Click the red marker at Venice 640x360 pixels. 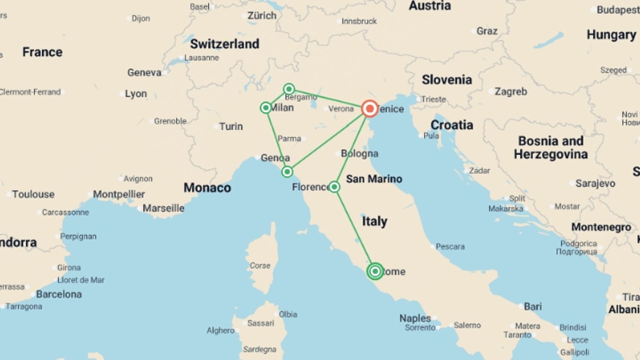[370, 109]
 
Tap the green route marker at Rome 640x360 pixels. [375, 271]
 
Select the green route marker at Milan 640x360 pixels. [266, 108]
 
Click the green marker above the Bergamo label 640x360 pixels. [289, 89]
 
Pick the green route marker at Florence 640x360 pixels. [334, 187]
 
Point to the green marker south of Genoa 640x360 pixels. [287, 172]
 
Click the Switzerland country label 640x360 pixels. [225, 44]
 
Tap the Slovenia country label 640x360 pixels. [447, 80]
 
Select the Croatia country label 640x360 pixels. [452, 125]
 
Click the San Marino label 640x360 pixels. [374, 179]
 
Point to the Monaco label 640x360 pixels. [207, 188]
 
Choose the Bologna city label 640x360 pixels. [359, 154]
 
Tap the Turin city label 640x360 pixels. [231, 127]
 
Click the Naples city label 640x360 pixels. [415, 318]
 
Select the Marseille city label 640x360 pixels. [163, 208]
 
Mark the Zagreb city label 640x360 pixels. [511, 91]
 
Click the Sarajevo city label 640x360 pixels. [595, 183]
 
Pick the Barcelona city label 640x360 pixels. [59, 294]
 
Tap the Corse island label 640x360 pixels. [260, 266]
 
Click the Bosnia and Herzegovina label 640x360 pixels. [551, 148]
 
